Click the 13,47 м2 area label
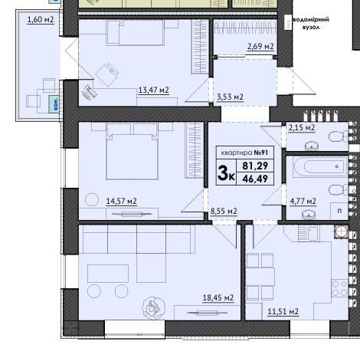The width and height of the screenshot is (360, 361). tap(153, 90)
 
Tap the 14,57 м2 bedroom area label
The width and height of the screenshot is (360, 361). tap(122, 202)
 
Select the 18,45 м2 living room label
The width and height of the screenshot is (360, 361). tap(218, 298)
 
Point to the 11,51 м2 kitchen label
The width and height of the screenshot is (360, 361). tap(283, 312)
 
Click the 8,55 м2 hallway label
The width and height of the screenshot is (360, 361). tap(224, 212)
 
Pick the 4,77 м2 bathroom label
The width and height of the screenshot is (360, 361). tap(303, 202)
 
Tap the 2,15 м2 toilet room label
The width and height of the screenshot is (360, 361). tap(302, 127)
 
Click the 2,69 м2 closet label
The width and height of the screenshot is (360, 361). tap(260, 47)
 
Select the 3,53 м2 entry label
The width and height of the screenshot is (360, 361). tap(230, 97)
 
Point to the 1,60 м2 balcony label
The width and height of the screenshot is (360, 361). tap(41, 20)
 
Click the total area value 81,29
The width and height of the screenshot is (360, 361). tap(255, 166)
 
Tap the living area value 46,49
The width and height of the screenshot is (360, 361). tap(255, 179)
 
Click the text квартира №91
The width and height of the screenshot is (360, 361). tap(244, 153)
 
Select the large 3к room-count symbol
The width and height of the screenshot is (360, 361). tap(226, 173)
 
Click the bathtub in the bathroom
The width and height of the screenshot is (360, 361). tap(321, 167)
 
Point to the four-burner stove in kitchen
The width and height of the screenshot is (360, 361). tap(340, 288)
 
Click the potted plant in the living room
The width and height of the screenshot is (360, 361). tap(153, 308)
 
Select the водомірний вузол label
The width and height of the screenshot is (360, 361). tap(310, 23)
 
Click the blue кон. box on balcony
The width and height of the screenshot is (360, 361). tap(54, 103)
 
